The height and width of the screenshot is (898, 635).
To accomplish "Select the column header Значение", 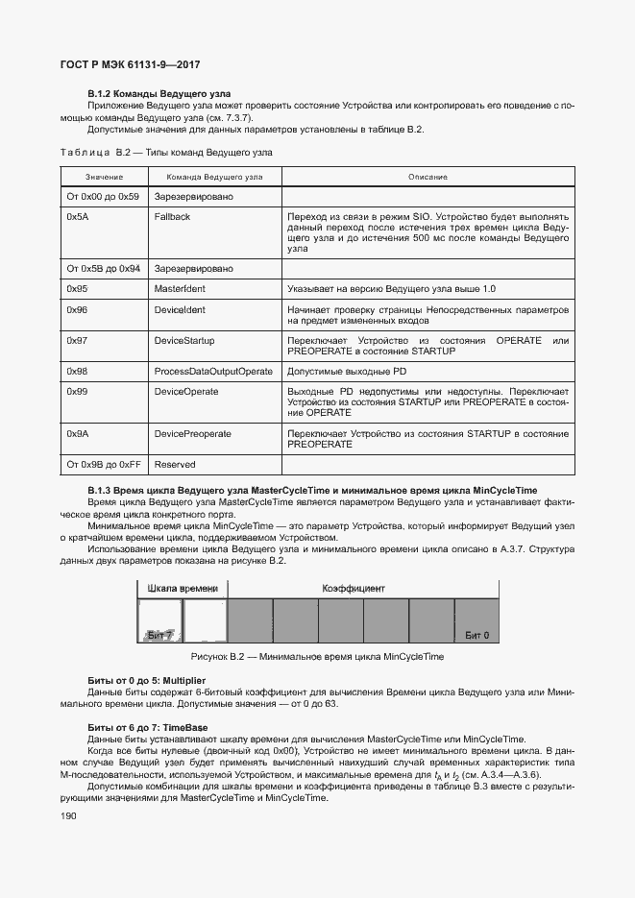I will coord(104,177).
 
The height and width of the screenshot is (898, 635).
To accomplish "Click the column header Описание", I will coord(427,177).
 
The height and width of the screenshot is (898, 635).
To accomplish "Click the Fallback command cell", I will coord(172,217).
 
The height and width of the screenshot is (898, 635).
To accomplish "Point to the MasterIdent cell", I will coord(180,289).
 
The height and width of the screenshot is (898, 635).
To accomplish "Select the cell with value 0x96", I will coord(77,310).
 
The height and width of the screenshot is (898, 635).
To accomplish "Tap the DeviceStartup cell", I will coord(184,341).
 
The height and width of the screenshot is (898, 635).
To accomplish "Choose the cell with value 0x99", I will coord(77,392).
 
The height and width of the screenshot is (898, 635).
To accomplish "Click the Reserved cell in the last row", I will coord(174,464).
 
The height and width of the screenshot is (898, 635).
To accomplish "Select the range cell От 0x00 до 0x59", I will coord(103,196).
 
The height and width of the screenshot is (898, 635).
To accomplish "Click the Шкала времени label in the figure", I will coord(183,587).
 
